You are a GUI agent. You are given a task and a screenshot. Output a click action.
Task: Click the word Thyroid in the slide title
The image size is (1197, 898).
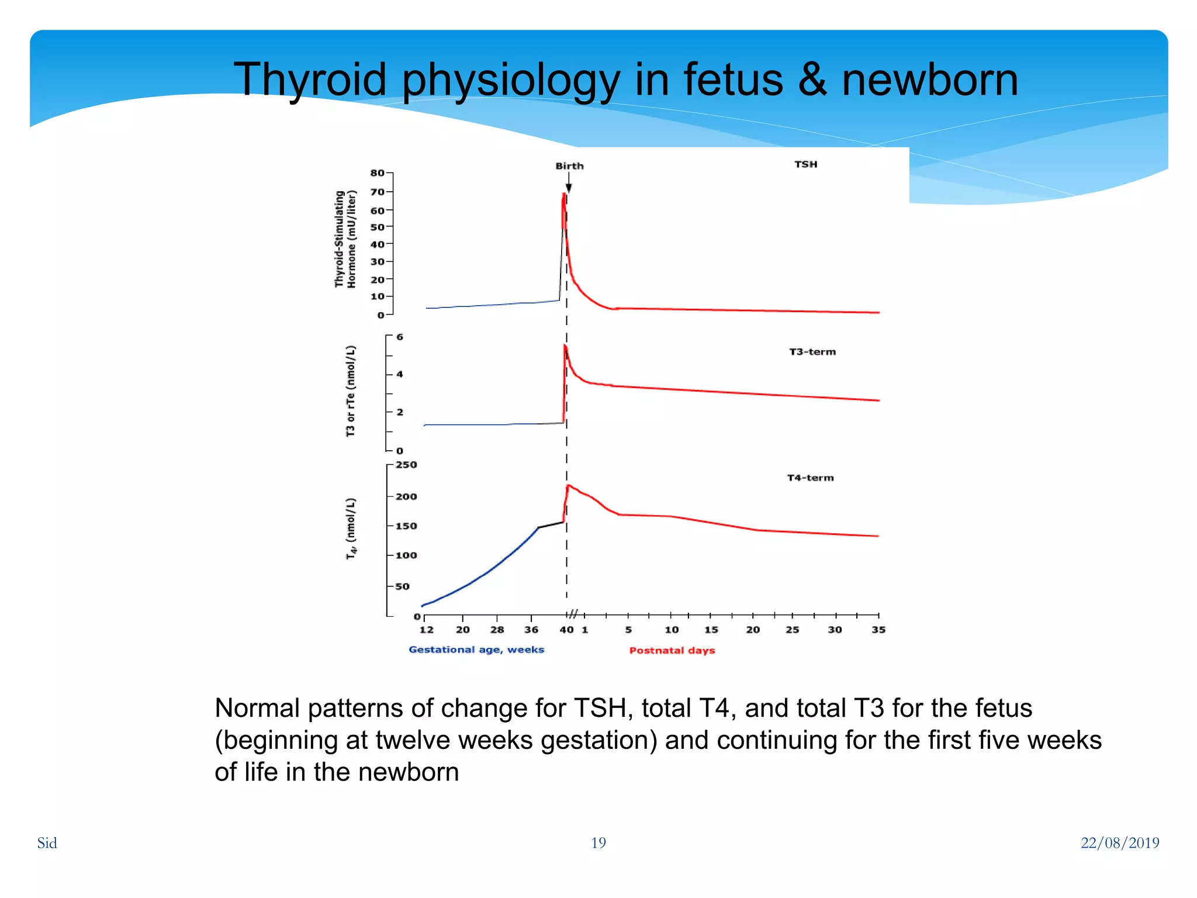[x=310, y=80]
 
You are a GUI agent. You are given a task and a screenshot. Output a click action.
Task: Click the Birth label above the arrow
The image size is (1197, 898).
[x=569, y=166]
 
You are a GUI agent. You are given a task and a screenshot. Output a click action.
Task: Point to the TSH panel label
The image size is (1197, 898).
[x=805, y=164]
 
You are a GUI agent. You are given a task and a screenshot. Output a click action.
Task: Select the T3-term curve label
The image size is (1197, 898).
[x=812, y=352]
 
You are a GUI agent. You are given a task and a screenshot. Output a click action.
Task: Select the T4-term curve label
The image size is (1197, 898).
[x=810, y=478]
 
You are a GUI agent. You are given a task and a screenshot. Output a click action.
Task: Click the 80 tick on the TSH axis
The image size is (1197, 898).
[x=378, y=173]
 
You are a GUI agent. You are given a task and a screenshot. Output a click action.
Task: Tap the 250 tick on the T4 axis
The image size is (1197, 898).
[x=406, y=465]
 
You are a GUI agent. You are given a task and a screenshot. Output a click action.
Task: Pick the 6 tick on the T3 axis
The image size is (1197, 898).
[x=400, y=337]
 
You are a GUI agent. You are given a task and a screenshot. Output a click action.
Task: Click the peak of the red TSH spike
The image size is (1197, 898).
[x=564, y=195]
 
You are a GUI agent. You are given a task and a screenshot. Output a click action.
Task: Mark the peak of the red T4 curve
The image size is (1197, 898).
[x=568, y=486]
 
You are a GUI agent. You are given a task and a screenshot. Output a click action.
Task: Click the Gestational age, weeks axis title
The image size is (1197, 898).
[x=476, y=650]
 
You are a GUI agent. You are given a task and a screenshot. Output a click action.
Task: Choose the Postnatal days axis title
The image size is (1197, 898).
[x=672, y=650]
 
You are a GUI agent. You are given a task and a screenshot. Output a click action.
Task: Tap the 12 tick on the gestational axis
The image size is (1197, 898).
[x=426, y=630]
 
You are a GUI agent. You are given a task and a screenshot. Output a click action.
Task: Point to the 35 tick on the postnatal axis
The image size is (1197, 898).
[x=878, y=630]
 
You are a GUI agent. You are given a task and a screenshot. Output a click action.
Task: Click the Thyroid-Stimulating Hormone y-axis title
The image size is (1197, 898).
[x=345, y=239]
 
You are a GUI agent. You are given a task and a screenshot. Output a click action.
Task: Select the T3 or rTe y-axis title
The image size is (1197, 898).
[x=350, y=391]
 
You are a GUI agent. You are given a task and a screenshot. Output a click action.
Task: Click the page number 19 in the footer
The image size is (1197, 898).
[x=598, y=842]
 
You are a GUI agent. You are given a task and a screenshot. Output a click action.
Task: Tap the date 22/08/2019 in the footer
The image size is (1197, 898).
[x=1119, y=842]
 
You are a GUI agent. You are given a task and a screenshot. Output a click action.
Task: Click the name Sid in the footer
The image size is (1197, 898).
[x=47, y=842]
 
